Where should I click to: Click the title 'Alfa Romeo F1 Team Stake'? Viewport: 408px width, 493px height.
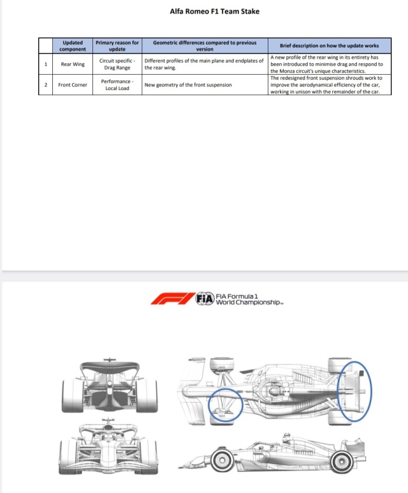pyautogui.click(x=215, y=11)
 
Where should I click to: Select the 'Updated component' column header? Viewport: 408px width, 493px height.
pyautogui.click(x=73, y=46)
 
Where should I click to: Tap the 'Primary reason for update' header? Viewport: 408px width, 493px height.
pyautogui.click(x=117, y=46)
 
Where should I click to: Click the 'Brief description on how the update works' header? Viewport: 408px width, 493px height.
pyautogui.click(x=329, y=46)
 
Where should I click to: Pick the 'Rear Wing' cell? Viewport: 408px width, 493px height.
pyautogui.click(x=73, y=64)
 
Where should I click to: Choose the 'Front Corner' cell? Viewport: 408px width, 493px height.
pyautogui.click(x=73, y=85)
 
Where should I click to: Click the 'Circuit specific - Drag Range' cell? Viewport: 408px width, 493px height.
pyautogui.click(x=117, y=64)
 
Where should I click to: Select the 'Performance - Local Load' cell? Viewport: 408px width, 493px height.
pyautogui.click(x=117, y=85)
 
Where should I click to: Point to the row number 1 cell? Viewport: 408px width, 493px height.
pyautogui.click(x=46, y=64)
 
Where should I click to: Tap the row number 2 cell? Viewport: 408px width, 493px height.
pyautogui.click(x=46, y=85)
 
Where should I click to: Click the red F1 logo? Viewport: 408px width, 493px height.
pyautogui.click(x=172, y=299)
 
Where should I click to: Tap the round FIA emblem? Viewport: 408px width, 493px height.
pyautogui.click(x=205, y=299)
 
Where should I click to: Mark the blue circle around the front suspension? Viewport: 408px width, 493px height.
pyautogui.click(x=208, y=405)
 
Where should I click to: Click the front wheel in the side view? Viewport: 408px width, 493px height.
pyautogui.click(x=222, y=460)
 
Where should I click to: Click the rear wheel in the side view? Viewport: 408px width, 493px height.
pyautogui.click(x=342, y=462)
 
